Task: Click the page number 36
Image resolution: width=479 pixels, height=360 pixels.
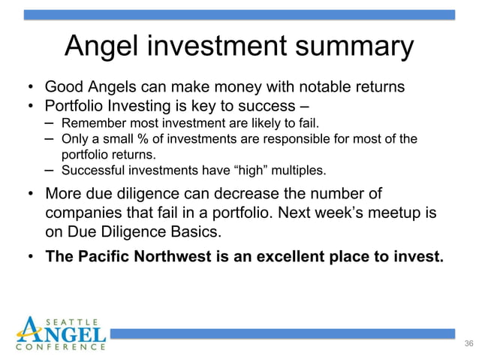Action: (x=469, y=343)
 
